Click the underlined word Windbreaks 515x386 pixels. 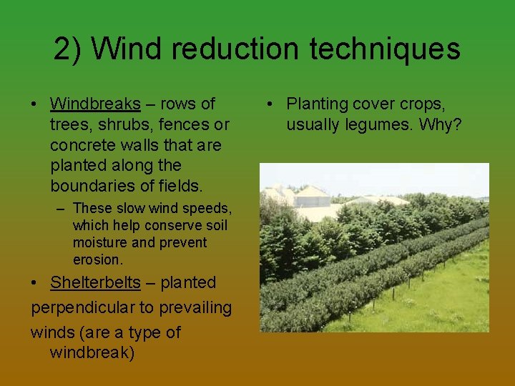click(95, 104)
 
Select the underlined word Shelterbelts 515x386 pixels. click(95, 282)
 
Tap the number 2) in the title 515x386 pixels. click(69, 49)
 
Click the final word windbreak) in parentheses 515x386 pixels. click(92, 353)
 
